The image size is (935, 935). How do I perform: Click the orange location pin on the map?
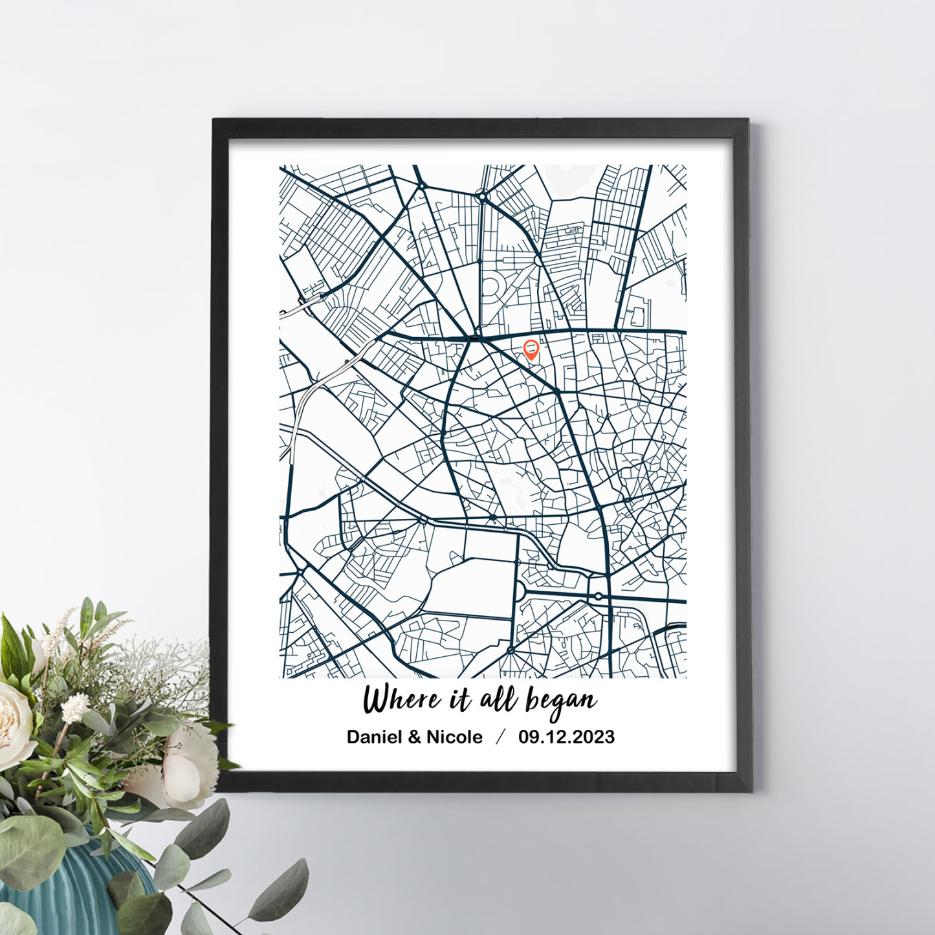coord(531,349)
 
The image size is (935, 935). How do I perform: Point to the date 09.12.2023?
coord(566,737)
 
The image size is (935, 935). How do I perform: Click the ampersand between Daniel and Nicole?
coord(414,737)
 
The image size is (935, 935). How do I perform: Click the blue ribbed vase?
coord(71,886)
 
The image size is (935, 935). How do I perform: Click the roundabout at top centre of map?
coord(481,195)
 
